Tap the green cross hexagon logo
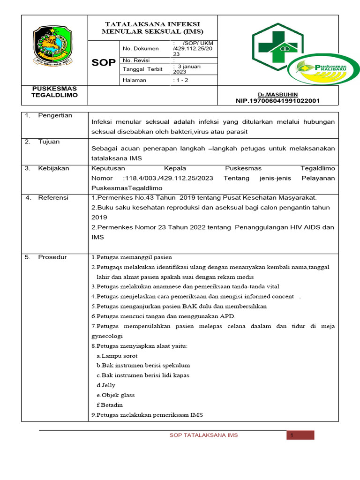click(x=277, y=47)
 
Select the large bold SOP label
click(x=104, y=63)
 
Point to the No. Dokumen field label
click(x=141, y=48)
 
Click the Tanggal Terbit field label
click(x=142, y=69)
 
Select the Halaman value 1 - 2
click(x=180, y=80)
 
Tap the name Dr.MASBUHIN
click(x=281, y=94)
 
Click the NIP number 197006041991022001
click(x=280, y=101)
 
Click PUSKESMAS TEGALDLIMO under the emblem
click(x=54, y=92)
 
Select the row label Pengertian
click(x=55, y=116)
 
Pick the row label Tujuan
click(x=49, y=142)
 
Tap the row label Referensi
click(x=53, y=198)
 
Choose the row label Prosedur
click(x=52, y=257)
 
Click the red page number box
click(x=300, y=435)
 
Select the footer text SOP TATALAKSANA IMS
click(x=203, y=435)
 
